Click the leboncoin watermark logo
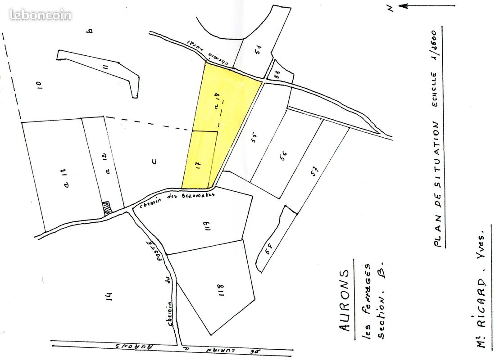(x=40, y=15)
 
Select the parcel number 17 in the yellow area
(x=198, y=164)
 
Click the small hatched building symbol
(x=107, y=208)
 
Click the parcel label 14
(x=109, y=296)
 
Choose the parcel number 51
(x=258, y=49)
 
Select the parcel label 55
(x=254, y=136)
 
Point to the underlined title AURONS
(x=345, y=300)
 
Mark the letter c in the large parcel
(x=154, y=162)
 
